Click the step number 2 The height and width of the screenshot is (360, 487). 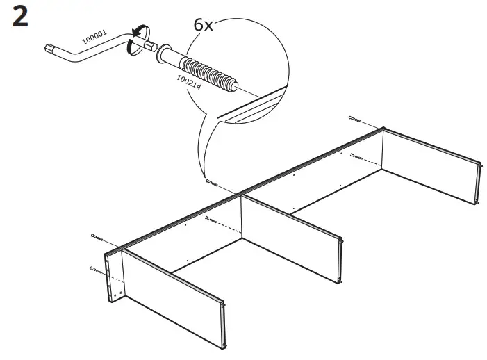point(21,17)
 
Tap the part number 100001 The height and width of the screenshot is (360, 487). point(95,35)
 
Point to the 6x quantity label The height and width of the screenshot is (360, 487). point(203,24)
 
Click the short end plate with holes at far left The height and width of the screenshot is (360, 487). point(113,278)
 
